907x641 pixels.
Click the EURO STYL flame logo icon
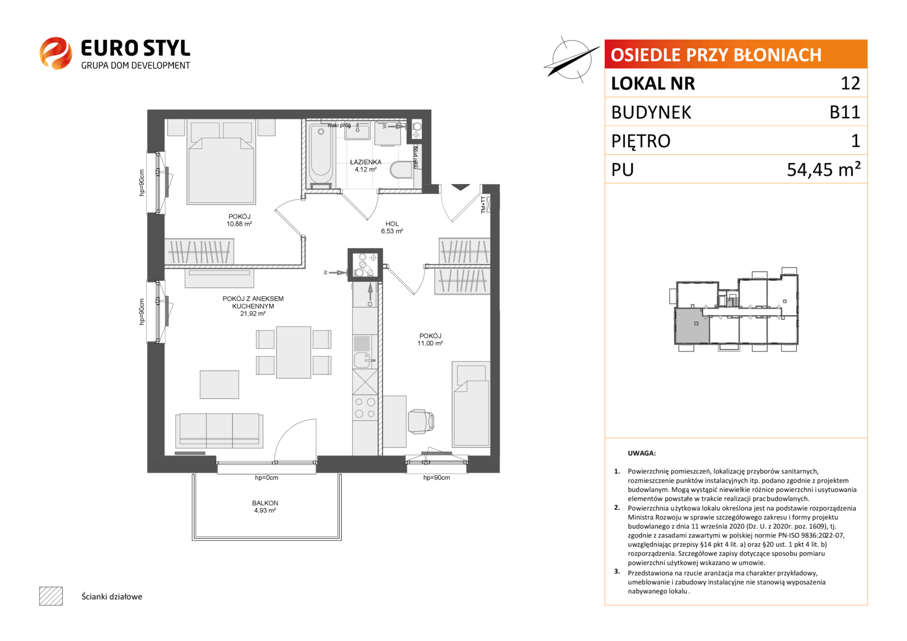click(56, 53)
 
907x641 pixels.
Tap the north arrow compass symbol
click(571, 60)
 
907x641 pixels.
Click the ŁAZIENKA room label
click(366, 162)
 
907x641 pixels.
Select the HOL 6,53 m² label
click(392, 227)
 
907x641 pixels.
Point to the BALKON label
click(266, 503)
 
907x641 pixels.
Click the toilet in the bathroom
click(402, 170)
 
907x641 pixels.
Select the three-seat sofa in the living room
click(219, 430)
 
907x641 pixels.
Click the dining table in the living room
click(293, 352)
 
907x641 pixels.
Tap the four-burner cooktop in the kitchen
click(365, 408)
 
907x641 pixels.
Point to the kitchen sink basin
click(362, 360)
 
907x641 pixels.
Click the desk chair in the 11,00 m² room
click(421, 421)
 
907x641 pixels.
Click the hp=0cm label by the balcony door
click(267, 478)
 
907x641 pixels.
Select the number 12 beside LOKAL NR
click(851, 83)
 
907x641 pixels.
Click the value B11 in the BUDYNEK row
click(845, 112)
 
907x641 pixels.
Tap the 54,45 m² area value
click(824, 169)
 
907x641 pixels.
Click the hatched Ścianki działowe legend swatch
click(51, 596)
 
